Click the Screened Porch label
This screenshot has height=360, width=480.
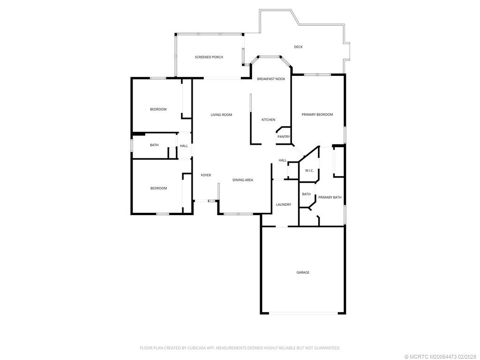tap(209, 57)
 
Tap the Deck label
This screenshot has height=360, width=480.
tap(298, 47)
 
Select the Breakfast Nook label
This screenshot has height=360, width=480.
tap(271, 79)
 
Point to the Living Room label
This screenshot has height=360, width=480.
tap(221, 115)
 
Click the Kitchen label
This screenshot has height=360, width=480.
tap(268, 120)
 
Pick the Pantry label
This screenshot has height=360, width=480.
tap(284, 137)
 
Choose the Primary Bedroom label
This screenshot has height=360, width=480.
tap(317, 115)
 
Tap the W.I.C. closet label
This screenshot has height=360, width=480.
tap(309, 171)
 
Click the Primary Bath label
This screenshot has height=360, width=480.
tap(330, 197)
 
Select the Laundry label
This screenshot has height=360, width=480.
tap(284, 205)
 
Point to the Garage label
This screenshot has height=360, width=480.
tap(303, 272)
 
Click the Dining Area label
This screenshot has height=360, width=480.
tap(243, 180)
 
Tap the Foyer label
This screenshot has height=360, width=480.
tap(206, 175)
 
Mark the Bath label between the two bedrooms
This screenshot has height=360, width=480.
tap(154, 145)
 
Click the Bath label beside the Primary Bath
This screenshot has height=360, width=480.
tap(306, 194)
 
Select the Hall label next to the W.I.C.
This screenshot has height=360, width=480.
tap(283, 160)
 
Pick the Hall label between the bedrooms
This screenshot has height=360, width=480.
tap(184, 146)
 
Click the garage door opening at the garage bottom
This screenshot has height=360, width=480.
tap(303, 313)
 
